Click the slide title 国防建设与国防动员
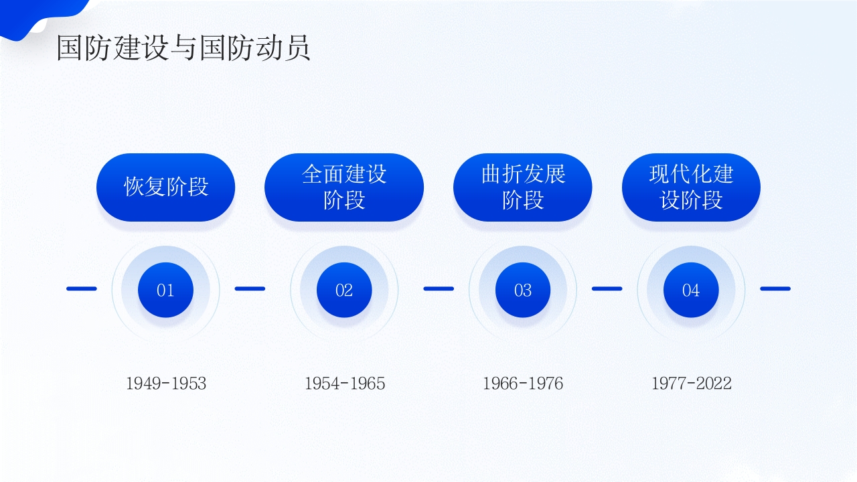(x=183, y=49)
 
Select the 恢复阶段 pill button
(x=166, y=187)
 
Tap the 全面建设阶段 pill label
(x=344, y=187)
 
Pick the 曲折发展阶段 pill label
(x=523, y=187)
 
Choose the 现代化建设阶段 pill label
(x=691, y=187)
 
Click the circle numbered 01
(x=165, y=290)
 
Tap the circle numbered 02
(x=344, y=290)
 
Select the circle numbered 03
(x=523, y=290)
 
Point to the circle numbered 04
(x=691, y=290)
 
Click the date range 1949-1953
(x=166, y=384)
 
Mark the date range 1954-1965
(x=345, y=384)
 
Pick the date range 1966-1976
(x=523, y=384)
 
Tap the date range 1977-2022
(x=692, y=384)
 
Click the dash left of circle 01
(x=82, y=289)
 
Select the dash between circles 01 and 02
(x=250, y=289)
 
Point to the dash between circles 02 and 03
(x=439, y=289)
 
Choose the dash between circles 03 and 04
(x=607, y=289)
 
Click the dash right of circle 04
(x=775, y=289)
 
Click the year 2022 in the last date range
(x=714, y=384)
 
